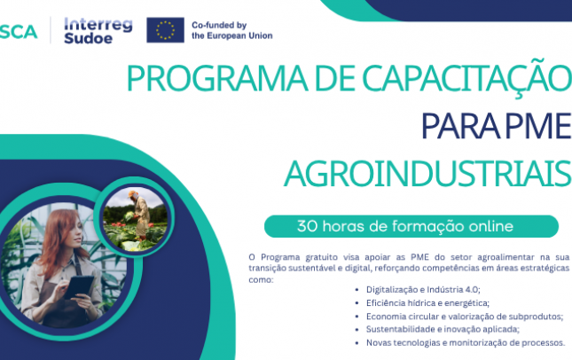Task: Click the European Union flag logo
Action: coord(165,30)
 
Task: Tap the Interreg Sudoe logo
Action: coord(98,31)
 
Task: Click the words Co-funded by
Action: coord(219,25)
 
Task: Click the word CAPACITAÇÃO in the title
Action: coord(466,77)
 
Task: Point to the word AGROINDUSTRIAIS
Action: coord(427,174)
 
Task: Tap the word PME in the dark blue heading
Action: coord(538,126)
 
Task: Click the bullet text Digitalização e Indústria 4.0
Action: coord(423,290)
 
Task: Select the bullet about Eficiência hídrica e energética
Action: coord(428,303)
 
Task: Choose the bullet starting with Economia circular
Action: coord(465,317)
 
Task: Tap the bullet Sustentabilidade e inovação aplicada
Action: coord(443,329)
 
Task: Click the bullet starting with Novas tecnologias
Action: coord(466,343)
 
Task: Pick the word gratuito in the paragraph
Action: coord(321,257)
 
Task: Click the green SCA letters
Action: coord(19,32)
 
